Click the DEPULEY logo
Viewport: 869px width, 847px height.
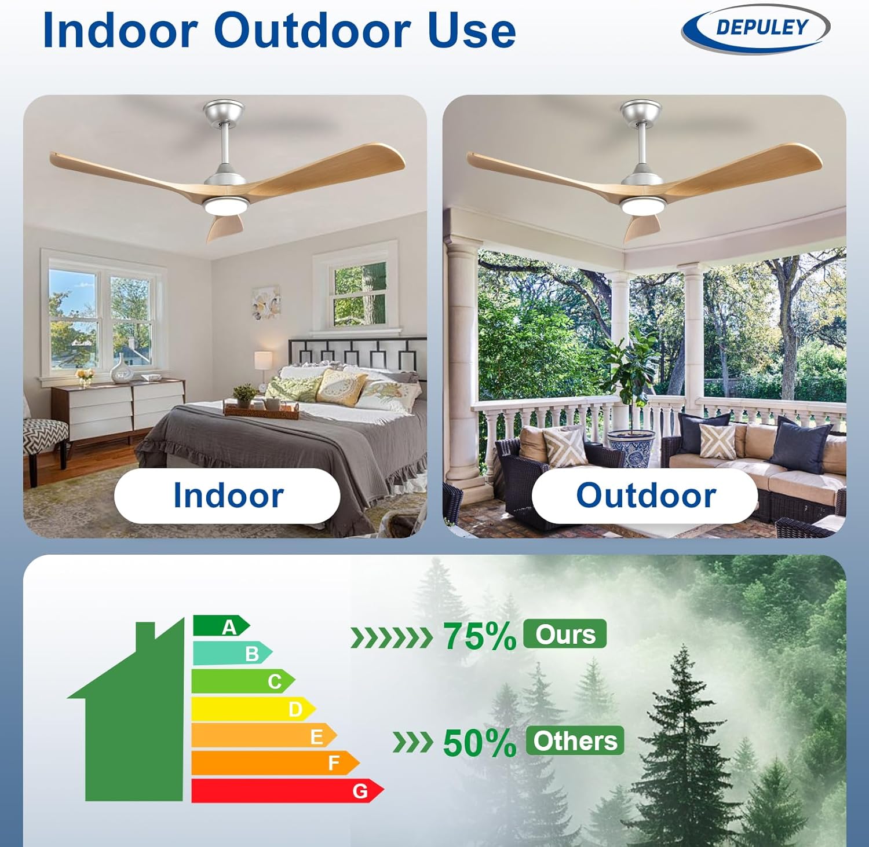pyautogui.click(x=755, y=28)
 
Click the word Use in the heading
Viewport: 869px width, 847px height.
pyautogui.click(x=472, y=30)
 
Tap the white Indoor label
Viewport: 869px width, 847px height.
pyautogui.click(x=227, y=496)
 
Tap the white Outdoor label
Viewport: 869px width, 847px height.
pyautogui.click(x=645, y=496)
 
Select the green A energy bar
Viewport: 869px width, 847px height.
pyautogui.click(x=221, y=626)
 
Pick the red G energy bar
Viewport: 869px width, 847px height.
pyautogui.click(x=287, y=791)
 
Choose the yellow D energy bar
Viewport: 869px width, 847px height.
pyautogui.click(x=254, y=709)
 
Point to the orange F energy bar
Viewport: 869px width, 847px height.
pyautogui.click(x=276, y=763)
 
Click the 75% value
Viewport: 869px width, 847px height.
pyautogui.click(x=479, y=636)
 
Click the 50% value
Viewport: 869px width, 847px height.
pyautogui.click(x=479, y=743)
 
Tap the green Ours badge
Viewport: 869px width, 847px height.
pyautogui.click(x=565, y=634)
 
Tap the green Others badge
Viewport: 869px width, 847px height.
pyautogui.click(x=575, y=740)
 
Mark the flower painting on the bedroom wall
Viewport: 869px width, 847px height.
pyautogui.click(x=266, y=303)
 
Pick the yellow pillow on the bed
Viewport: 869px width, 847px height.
pyautogui.click(x=341, y=386)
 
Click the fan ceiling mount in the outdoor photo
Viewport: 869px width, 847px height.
pyautogui.click(x=640, y=111)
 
